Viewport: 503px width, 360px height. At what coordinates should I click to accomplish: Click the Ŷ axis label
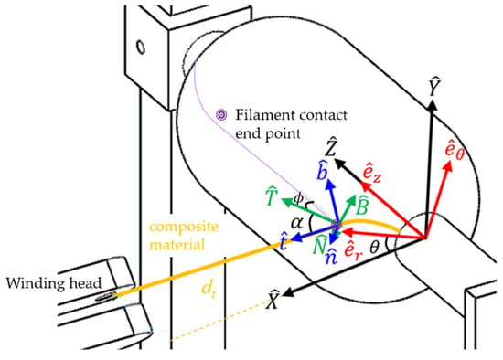434,87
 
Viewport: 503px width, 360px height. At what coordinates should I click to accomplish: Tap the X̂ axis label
273,299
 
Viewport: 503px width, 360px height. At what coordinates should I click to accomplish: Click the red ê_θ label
455,149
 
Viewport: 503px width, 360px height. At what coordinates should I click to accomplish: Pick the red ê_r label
353,249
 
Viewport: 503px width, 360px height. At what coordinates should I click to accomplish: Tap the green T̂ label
272,196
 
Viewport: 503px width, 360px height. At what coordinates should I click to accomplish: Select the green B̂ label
362,206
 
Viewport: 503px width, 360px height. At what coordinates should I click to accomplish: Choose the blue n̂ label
331,256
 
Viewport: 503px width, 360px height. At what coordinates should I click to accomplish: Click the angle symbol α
296,222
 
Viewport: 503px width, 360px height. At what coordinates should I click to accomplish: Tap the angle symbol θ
374,248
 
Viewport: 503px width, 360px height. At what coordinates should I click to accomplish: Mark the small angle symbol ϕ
298,199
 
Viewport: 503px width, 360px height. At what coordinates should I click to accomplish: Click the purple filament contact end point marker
221,115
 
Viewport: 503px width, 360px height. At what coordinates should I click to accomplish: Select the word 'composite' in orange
184,227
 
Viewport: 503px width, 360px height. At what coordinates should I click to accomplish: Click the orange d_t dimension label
208,289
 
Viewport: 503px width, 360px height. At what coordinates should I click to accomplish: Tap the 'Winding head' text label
54,283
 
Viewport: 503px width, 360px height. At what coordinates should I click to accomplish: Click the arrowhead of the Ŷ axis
433,105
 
